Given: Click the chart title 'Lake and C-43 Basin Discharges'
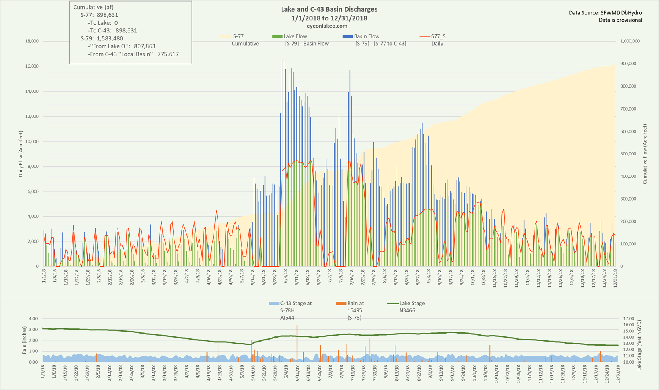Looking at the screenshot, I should point(329,9).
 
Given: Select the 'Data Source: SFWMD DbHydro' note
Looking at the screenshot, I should point(605,13).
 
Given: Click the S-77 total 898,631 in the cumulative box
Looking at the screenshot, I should point(107,15).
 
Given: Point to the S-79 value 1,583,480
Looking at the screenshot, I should point(110,38).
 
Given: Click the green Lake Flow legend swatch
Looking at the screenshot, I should point(277,36).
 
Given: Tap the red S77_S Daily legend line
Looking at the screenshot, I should point(425,36).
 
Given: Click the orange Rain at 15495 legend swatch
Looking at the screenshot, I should point(341,304).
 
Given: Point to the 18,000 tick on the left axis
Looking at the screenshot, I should point(31,41).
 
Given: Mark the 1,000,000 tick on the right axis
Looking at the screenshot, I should point(630,41).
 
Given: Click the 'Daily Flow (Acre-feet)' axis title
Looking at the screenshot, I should point(20,154).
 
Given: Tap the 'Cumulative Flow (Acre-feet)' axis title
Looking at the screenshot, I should point(645,154).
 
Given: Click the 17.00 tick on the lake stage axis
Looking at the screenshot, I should point(629,319).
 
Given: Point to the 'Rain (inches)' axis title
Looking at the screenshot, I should point(24,340).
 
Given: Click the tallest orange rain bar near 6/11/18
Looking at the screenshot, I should point(297,342).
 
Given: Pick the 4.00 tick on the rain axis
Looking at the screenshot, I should point(34,319).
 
